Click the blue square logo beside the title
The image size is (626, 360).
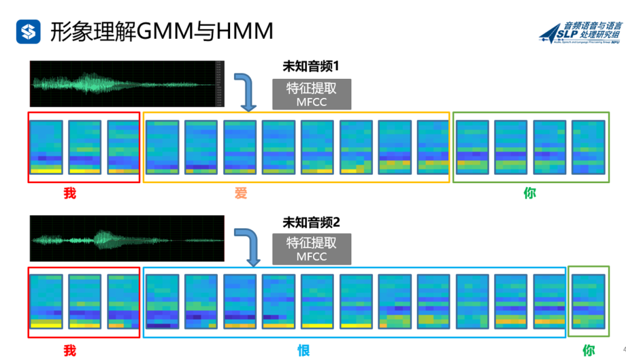coord(28,31)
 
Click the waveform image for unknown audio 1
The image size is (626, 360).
coord(126,84)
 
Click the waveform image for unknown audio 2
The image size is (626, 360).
coord(126,238)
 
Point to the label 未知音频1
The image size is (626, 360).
coord(311,67)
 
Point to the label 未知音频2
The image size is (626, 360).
coord(311,221)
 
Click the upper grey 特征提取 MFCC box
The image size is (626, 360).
coord(311,94)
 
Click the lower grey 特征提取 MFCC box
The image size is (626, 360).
coord(311,249)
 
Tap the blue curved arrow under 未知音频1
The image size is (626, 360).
coord(246,92)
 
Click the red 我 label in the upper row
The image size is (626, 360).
coord(70,194)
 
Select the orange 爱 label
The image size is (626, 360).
coord(241,194)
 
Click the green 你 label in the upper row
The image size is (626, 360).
coord(530,194)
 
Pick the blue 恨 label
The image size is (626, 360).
coord(304,350)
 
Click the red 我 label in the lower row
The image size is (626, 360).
coord(70,350)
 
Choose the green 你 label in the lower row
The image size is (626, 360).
coord(588,350)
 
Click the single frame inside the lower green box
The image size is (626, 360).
coord(588,301)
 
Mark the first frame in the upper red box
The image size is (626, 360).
coord(46,147)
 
